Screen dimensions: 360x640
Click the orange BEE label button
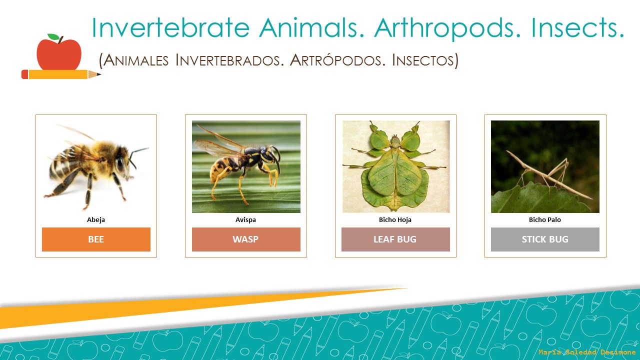96,239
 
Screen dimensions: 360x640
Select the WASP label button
246,239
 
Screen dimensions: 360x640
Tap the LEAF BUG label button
395,239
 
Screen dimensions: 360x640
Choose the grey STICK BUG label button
545,239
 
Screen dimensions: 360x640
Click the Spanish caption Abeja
96,219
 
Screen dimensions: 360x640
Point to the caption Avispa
246,219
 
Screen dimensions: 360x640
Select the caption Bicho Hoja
395,219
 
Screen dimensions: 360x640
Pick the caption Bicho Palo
545,219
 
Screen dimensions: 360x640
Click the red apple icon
59,54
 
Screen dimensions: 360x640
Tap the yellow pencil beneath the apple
60,74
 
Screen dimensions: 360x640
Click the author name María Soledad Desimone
587,352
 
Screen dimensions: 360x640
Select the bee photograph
96,166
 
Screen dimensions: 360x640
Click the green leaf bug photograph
395,166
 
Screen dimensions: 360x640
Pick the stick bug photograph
545,166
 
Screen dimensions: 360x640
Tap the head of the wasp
269,155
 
